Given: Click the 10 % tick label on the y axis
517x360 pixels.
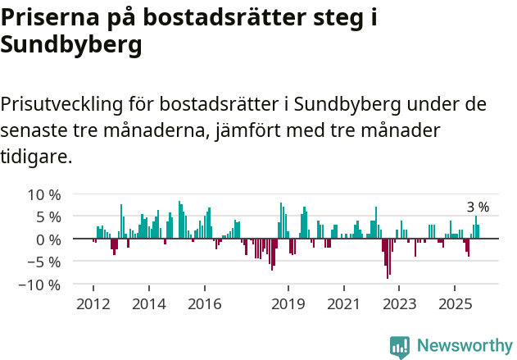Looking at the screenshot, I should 43,194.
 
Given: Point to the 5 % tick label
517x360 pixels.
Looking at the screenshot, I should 48,216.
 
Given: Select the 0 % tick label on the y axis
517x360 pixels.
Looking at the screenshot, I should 48,239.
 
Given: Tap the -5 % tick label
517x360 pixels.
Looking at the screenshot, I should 43,262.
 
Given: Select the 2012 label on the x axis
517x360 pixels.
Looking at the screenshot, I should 93,304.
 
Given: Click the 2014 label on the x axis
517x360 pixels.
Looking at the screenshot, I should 148,304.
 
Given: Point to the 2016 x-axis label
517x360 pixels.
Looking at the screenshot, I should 204,304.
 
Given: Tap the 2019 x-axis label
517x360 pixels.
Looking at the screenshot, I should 288,304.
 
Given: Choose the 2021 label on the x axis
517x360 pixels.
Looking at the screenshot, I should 343,304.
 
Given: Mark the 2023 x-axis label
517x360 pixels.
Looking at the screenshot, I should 400,304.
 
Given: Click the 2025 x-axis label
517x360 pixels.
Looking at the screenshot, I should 456,304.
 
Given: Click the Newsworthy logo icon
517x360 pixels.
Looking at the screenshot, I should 400,346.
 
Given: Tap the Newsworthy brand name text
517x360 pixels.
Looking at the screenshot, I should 464,346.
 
